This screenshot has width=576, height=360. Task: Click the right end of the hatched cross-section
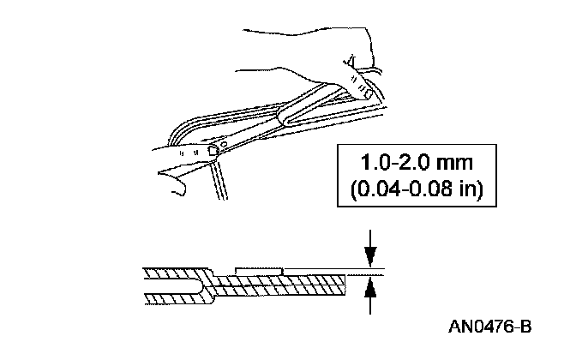pos(341,283)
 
